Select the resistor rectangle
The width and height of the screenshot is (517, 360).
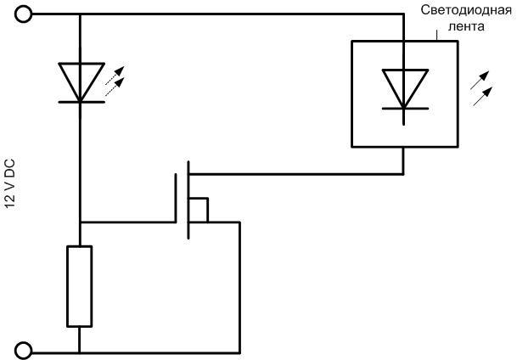click(79, 285)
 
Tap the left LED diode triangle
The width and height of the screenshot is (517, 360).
click(80, 81)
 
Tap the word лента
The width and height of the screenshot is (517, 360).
click(469, 26)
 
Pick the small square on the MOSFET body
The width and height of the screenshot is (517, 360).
click(198, 210)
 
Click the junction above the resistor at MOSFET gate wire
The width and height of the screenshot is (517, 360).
click(79, 222)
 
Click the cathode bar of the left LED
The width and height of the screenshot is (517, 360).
click(80, 101)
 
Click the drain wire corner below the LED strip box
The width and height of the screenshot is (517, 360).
click(402, 175)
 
